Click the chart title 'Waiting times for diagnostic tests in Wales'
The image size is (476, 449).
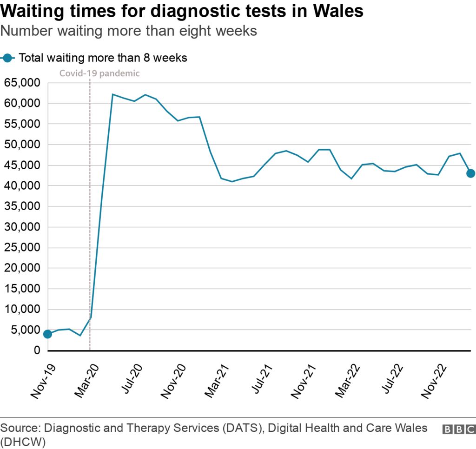(x=182, y=11)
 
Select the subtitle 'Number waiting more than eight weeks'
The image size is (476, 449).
(x=129, y=31)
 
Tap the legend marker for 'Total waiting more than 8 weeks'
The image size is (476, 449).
(x=7, y=58)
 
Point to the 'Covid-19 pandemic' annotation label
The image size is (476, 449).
(x=99, y=73)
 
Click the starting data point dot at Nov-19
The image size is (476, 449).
(x=47, y=334)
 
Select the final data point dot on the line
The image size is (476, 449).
(x=470, y=173)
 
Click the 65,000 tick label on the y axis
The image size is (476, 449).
(x=21, y=83)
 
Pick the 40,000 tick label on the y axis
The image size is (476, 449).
(x=21, y=186)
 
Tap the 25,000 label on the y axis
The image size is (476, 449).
(x=21, y=248)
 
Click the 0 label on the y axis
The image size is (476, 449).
(x=37, y=350)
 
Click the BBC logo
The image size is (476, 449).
(x=458, y=429)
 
